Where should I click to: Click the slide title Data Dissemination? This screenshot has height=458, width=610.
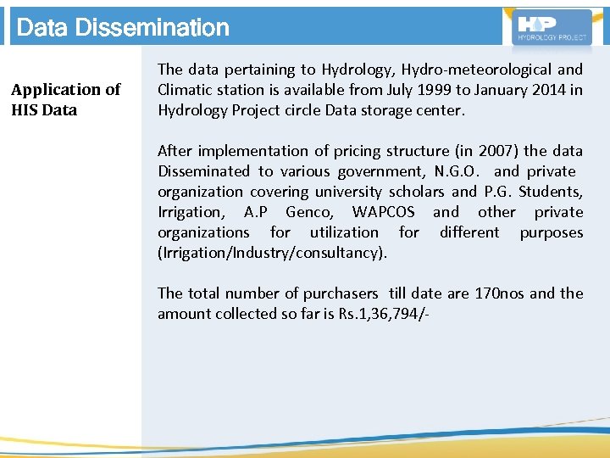point(123,28)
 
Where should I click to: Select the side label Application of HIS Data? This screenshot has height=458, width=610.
point(65,99)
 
